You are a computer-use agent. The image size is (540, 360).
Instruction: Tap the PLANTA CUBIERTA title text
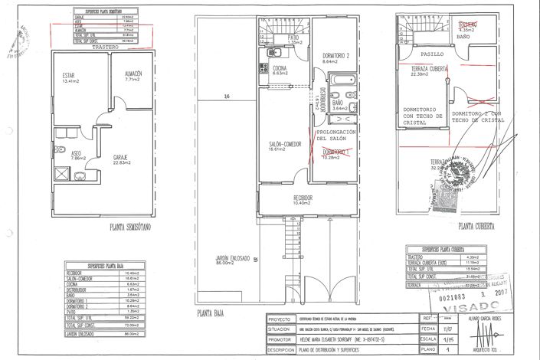(476, 227)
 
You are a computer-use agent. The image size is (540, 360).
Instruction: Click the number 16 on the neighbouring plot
(227, 97)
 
